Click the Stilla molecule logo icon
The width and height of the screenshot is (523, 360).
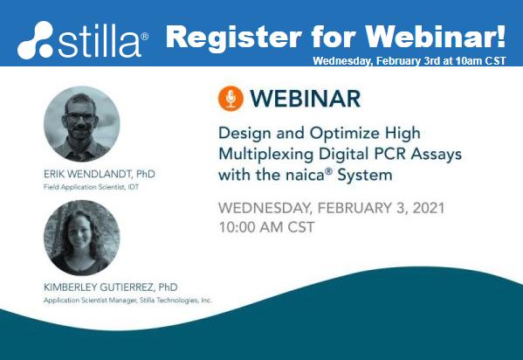click(x=35, y=40)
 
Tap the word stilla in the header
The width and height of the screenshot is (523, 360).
click(x=99, y=41)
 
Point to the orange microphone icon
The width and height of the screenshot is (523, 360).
click(x=231, y=99)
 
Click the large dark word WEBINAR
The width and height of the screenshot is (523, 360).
click(x=306, y=99)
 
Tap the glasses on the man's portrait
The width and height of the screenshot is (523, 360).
click(x=80, y=117)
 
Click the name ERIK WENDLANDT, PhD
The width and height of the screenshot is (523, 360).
click(x=100, y=174)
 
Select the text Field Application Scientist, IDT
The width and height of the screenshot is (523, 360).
click(x=91, y=187)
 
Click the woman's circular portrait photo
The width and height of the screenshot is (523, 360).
click(x=82, y=238)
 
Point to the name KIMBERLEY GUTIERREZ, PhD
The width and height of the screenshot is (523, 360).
click(x=111, y=287)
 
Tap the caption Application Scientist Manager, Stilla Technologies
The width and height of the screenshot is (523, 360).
click(x=127, y=301)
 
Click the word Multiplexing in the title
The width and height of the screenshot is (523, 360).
click(x=265, y=155)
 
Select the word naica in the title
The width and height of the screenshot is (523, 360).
click(x=305, y=176)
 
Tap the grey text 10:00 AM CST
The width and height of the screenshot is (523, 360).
click(x=266, y=227)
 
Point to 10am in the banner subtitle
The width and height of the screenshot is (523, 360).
click(x=467, y=61)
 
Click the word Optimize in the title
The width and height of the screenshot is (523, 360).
click(x=344, y=134)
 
